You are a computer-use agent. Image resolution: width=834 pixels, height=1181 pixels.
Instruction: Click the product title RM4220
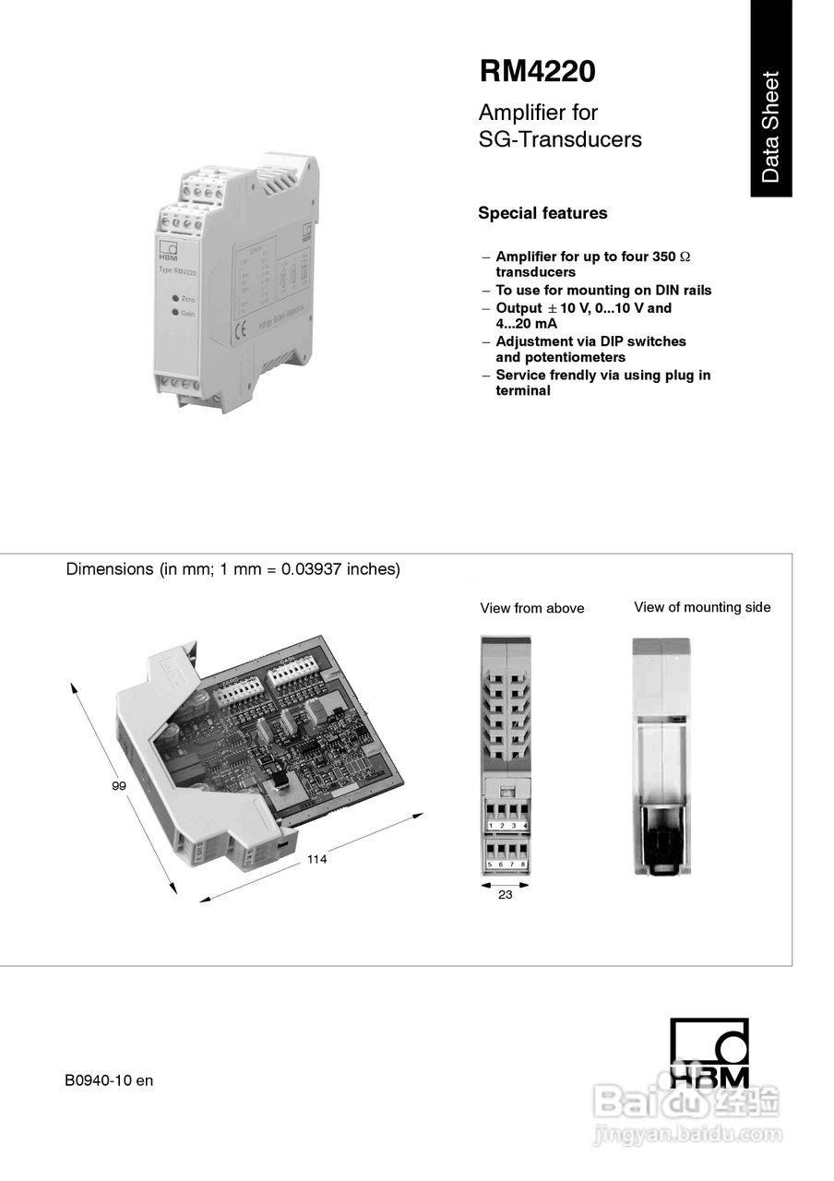point(537,72)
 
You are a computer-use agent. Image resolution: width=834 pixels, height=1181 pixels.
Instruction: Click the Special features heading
point(542,213)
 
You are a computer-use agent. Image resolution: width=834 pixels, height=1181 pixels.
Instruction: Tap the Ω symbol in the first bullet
point(685,256)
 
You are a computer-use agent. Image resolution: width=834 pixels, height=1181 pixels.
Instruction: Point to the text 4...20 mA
point(526,324)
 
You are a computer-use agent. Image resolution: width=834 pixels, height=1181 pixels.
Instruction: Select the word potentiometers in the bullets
point(560,357)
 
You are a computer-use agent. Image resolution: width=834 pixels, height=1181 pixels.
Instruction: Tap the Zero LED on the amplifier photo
point(173,299)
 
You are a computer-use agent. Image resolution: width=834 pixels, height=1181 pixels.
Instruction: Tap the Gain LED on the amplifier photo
point(173,313)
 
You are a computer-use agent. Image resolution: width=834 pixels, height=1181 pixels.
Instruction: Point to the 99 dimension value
point(119,785)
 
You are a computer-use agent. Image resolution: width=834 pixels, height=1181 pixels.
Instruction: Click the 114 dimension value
point(317,859)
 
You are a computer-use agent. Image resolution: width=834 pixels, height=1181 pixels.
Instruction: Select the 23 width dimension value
point(505,894)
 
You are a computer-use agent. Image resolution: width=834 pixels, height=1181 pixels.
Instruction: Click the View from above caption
point(531,608)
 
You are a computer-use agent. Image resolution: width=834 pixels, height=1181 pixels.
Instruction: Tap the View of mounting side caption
point(702,607)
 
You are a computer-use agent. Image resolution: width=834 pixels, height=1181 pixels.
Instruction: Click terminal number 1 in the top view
point(490,824)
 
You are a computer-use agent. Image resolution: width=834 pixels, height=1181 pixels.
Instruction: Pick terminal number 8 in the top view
point(523,865)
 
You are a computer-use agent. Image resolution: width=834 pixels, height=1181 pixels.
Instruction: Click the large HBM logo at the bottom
point(709,1053)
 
